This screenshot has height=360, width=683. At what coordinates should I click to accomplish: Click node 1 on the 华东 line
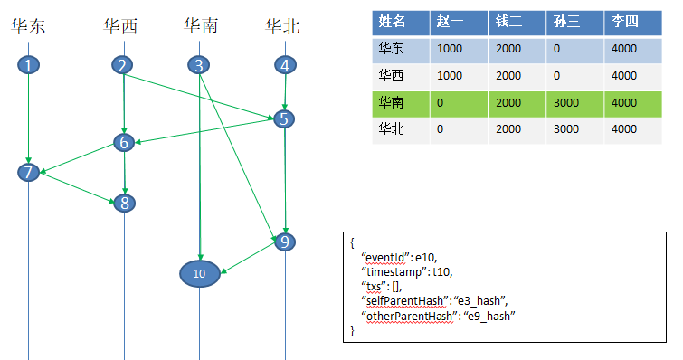30,65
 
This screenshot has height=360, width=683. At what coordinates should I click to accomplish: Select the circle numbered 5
285,118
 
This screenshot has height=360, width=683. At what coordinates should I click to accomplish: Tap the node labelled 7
30,172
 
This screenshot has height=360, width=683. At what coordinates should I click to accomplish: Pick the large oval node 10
199,272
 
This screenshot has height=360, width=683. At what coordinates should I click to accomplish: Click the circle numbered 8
124,203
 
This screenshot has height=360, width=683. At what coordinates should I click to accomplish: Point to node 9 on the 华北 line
285,242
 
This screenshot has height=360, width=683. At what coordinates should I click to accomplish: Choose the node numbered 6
124,142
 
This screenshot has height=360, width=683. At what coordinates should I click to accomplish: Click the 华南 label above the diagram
200,26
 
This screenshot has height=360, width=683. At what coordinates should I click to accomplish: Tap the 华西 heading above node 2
121,26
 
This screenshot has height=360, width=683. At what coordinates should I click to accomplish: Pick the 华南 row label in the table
393,103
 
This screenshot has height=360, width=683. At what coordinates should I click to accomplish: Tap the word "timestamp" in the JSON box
392,271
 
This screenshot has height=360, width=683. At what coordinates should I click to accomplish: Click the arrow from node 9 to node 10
247,257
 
